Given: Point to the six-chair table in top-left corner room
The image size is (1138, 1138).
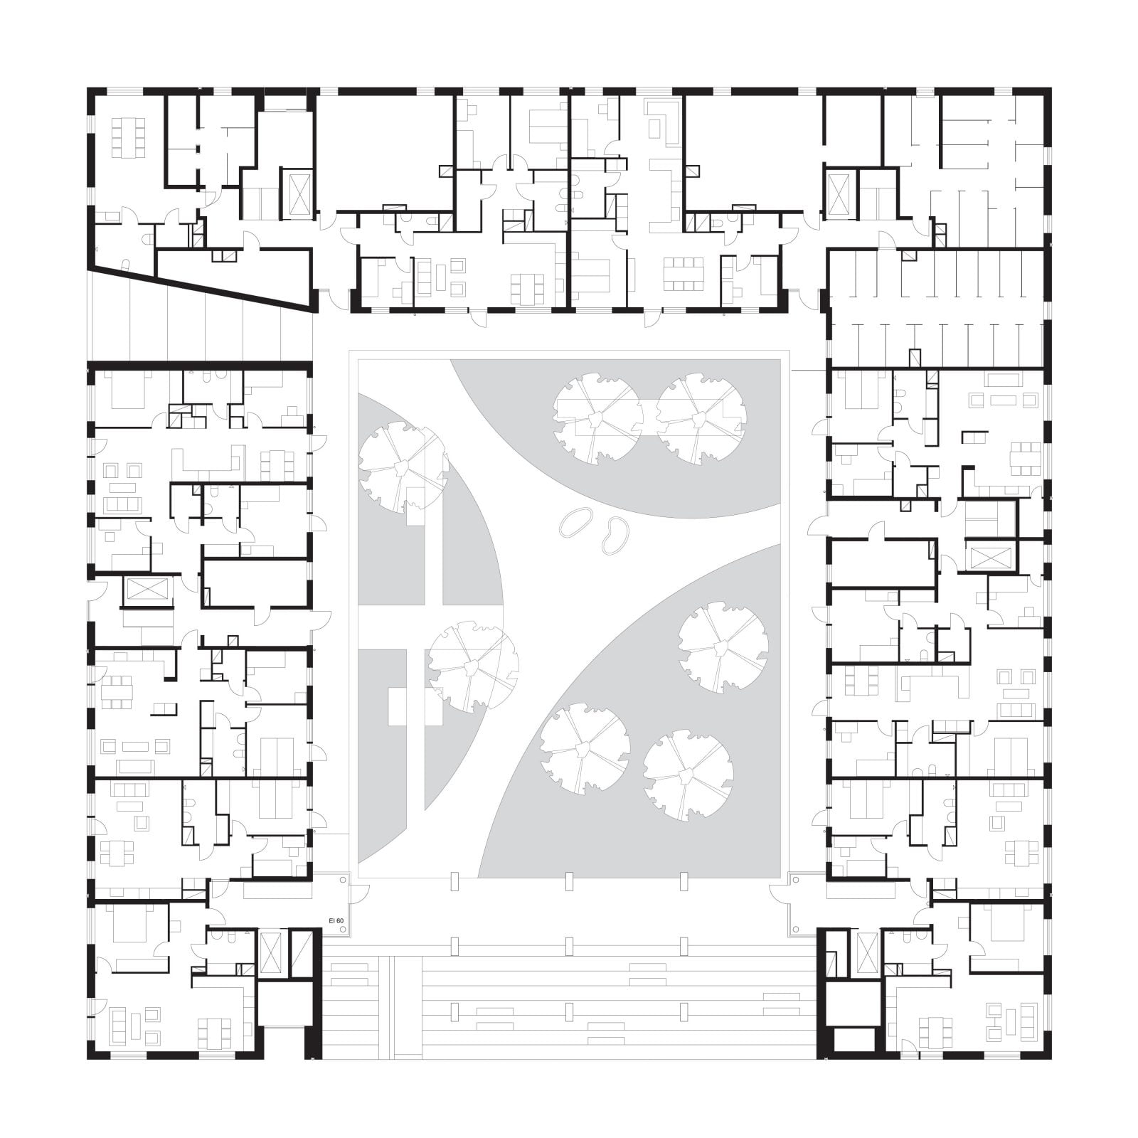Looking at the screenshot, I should coord(128,137).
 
